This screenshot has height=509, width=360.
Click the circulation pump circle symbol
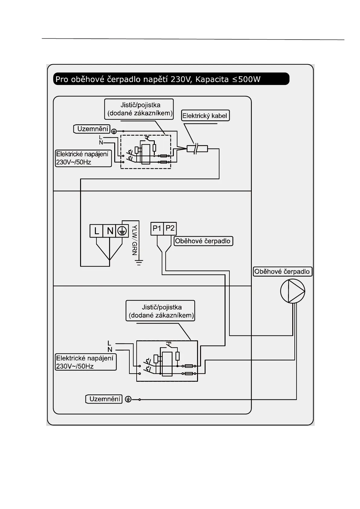pyautogui.click(x=292, y=291)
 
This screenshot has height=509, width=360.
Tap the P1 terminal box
pyautogui.click(x=157, y=229)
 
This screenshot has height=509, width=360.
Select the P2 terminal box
pyautogui.click(x=170, y=229)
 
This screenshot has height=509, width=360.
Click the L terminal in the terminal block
pyautogui.click(x=96, y=231)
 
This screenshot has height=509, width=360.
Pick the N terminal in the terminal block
pyautogui.click(x=110, y=231)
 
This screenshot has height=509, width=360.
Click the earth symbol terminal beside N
pyautogui.click(x=122, y=231)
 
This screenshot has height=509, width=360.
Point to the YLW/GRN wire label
pyautogui.click(x=135, y=240)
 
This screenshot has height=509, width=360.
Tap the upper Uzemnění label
pyautogui.click(x=92, y=129)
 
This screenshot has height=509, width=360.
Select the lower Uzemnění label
pyautogui.click(x=104, y=399)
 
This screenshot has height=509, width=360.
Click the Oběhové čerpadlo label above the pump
pyautogui.click(x=282, y=271)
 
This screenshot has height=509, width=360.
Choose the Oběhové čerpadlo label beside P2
pyautogui.click(x=203, y=241)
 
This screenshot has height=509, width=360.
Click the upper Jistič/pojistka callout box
pyautogui.click(x=139, y=109)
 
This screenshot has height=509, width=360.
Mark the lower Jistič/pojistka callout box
pyautogui.click(x=160, y=311)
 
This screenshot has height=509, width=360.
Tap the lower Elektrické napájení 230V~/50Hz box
pyautogui.click(x=85, y=362)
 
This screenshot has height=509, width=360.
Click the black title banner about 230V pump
pyautogui.click(x=171, y=79)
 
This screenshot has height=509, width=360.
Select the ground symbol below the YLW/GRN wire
pyautogui.click(x=139, y=262)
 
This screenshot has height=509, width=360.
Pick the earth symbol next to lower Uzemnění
pyautogui.click(x=128, y=400)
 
